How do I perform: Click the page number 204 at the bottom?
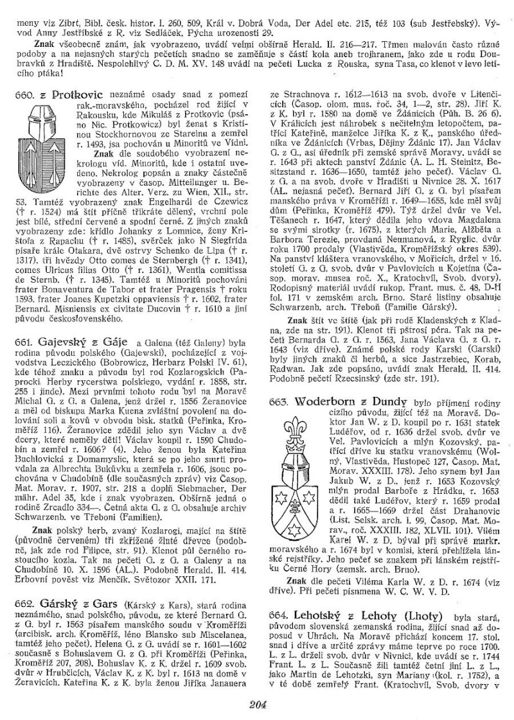point(257,705)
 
